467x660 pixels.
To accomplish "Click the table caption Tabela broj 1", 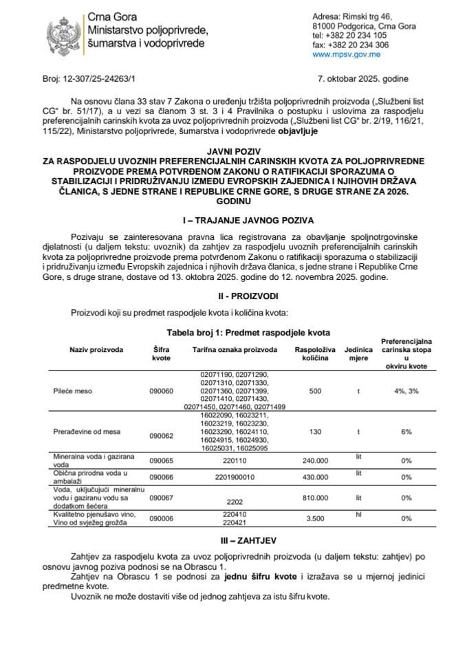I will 233,331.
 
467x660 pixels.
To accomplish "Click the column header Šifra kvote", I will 162,353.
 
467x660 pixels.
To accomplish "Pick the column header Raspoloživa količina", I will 315,353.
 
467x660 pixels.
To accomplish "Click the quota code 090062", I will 162,436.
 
